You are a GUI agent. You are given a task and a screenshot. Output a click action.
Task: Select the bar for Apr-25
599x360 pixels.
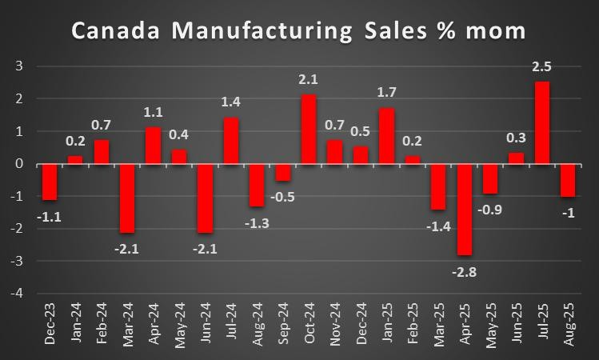tap(465, 210)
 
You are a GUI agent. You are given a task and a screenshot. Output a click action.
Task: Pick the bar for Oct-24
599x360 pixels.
tap(309, 129)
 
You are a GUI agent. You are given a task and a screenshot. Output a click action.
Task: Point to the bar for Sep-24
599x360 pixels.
tap(283, 172)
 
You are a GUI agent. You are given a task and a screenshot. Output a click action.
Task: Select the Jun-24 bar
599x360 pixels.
tap(206, 198)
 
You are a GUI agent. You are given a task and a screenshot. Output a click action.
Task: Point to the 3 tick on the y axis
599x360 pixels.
tap(19, 66)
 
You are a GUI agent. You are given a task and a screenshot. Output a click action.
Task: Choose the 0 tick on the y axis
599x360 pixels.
tap(19, 164)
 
